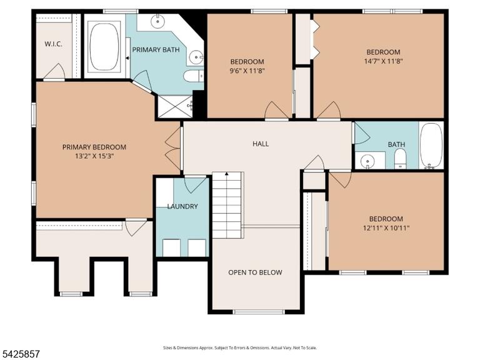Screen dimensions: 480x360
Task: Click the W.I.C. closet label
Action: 54,44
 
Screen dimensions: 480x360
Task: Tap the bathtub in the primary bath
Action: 104,47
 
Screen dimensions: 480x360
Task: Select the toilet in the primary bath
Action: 194,76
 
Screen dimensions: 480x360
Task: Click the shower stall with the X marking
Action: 175,106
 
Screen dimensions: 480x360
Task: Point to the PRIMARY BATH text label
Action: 156,49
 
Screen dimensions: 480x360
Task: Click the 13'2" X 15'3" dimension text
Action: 94,156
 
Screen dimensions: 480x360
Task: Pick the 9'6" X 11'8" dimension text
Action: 247,71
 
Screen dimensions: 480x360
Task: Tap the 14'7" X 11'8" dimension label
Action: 383,61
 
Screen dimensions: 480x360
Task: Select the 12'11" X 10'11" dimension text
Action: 386,227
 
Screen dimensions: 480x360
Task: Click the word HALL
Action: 261,144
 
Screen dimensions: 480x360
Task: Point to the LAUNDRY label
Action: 182,206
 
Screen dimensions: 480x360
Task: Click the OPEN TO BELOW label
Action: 255,272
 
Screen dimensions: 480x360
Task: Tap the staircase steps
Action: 228,205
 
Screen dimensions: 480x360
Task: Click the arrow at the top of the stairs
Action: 227,174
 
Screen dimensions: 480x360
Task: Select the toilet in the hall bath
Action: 400,159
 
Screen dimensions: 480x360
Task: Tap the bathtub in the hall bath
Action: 431,146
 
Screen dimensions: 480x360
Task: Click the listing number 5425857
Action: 20,354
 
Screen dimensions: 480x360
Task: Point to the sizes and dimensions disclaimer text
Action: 240,347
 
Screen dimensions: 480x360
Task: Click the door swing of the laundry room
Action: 195,185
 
